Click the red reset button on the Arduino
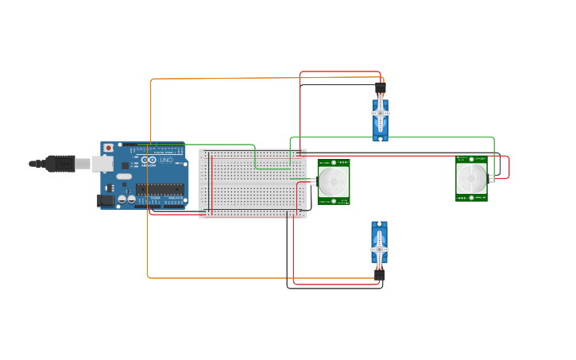[108, 148]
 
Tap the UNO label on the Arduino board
[165, 160]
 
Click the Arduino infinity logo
[147, 160]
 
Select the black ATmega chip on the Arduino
[160, 189]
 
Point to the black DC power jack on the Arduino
[105, 200]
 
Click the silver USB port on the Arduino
[102, 164]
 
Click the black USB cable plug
[60, 164]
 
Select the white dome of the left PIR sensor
[334, 181]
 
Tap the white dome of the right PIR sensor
[471, 178]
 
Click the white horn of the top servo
[380, 114]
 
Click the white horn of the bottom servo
[380, 249]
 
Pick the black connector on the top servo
[380, 88]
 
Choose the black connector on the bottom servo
[380, 274]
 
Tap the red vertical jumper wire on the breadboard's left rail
[211, 184]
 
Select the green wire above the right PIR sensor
[397, 137]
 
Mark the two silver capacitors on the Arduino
[126, 199]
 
